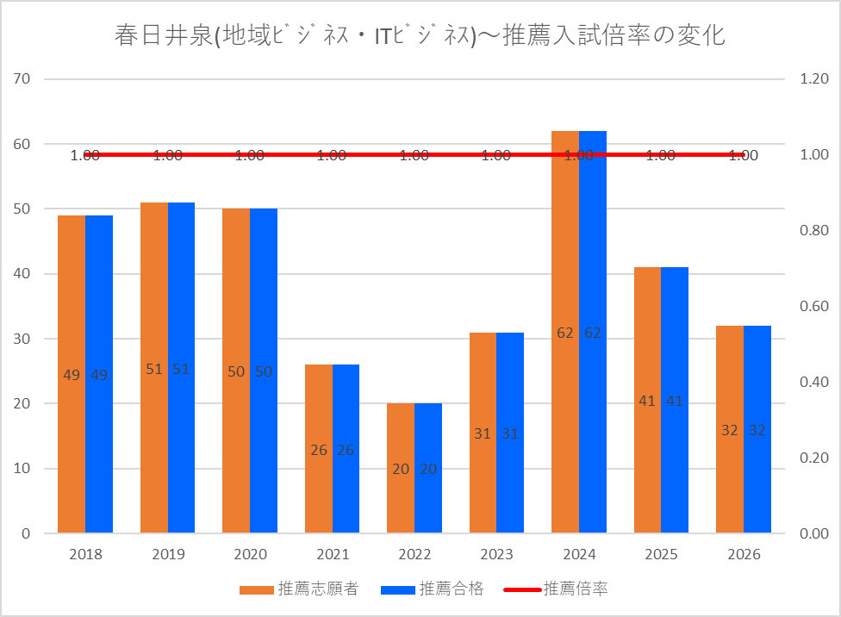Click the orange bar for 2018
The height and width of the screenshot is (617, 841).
pos(72,374)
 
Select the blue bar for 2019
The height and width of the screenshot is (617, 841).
pos(181,367)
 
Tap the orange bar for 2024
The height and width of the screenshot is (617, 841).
pos(565,332)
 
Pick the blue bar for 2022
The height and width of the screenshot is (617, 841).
pos(428,468)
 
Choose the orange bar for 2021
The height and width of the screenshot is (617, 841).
pos(319,449)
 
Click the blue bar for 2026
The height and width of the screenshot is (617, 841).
pos(757,429)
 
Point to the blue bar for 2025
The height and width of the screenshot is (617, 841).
pos(675,400)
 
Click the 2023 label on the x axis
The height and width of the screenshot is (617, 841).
pos(496,554)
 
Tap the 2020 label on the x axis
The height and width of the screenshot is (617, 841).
pos(251,554)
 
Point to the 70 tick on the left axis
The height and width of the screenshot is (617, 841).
pos(22,79)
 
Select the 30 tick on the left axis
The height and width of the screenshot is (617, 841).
pos(22,339)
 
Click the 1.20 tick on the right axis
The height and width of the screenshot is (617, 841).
pos(814,79)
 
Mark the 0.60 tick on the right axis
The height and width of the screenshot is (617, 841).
pos(814,306)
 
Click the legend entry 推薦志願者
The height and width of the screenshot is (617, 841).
pos(299,589)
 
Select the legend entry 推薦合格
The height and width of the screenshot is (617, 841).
pos(433,589)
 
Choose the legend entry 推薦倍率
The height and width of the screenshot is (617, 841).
pos(556,589)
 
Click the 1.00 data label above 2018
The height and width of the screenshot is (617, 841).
pos(85,156)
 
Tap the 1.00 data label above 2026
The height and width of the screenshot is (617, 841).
pos(744,156)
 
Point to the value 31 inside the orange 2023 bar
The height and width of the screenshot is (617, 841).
pos(483,433)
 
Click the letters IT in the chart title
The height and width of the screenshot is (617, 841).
pos(383,36)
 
